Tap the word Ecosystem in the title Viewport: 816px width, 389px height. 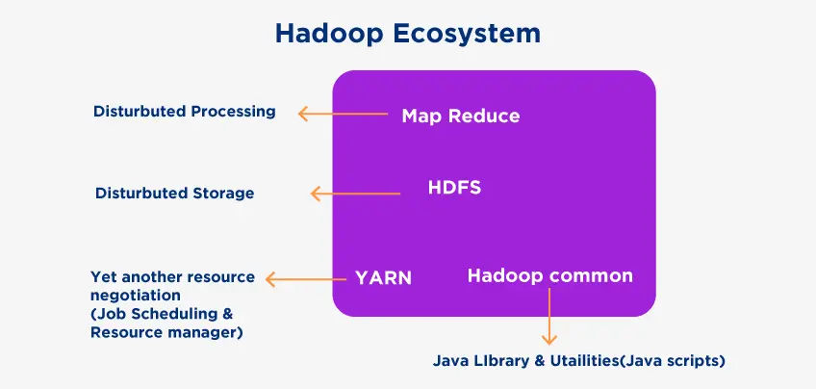pos(467,35)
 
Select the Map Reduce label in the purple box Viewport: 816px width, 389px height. pos(461,117)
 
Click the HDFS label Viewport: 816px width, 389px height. pos(454,188)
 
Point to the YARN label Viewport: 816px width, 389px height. pos(384,278)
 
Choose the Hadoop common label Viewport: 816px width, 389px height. pos(550,275)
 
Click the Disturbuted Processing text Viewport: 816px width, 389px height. pos(184,112)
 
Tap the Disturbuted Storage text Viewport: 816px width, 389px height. pos(175,194)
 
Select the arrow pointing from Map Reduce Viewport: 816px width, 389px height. pos(343,114)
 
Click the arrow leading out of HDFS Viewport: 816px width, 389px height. pos(355,194)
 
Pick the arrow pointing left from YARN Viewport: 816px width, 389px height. pos(306,279)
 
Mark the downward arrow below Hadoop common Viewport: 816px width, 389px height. pos(549,316)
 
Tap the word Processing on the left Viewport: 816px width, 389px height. pos(233,112)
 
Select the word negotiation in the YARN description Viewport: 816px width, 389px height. pos(136,296)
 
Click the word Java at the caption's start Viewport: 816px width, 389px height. pos(449,361)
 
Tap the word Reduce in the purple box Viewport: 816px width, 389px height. pos(483,117)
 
